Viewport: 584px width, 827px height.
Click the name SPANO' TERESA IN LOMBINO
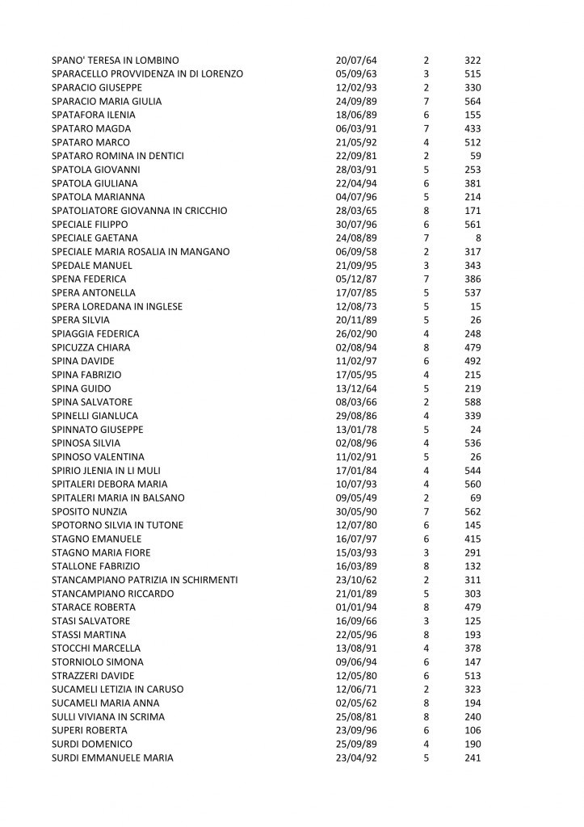[115, 61]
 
